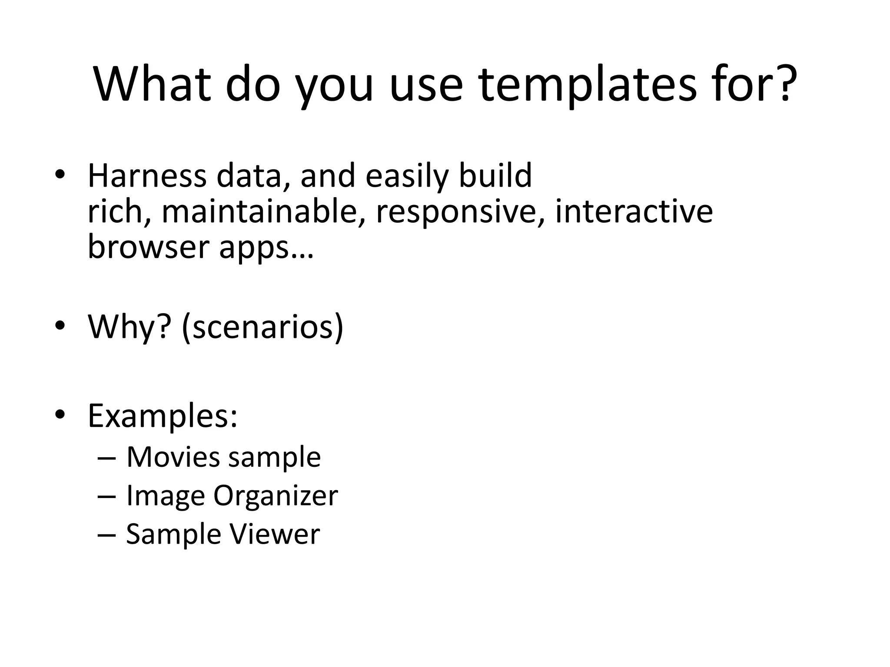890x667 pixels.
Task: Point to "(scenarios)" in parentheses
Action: click(263, 327)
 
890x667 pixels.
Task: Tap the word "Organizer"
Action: click(276, 496)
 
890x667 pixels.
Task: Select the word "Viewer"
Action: click(275, 534)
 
